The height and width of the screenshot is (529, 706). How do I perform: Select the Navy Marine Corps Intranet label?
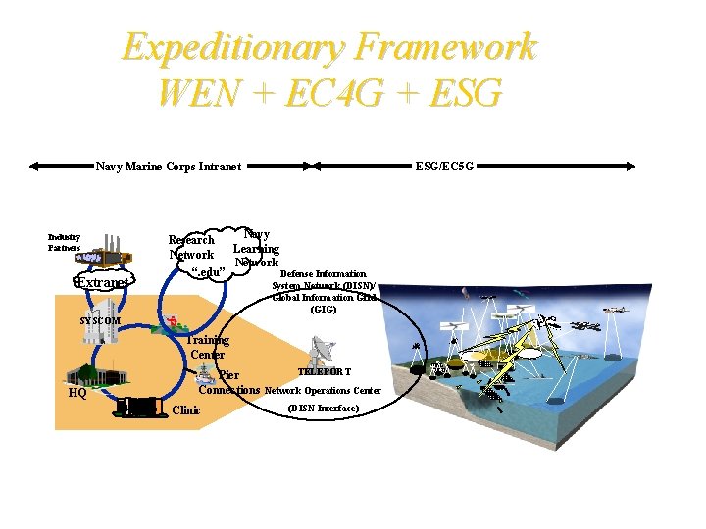168,167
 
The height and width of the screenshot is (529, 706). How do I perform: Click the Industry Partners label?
65,242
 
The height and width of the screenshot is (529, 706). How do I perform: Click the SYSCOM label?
100,321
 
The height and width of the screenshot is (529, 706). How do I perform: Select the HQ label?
77,393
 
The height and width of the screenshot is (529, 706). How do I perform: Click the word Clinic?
185,410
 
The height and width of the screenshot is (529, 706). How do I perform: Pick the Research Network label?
191,247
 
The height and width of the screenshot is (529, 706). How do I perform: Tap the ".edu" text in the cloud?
209,270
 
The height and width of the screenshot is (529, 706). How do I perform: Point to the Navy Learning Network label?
256,249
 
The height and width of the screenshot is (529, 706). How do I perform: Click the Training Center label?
208,347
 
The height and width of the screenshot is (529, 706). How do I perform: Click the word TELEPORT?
324,372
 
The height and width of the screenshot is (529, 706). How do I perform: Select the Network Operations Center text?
323,391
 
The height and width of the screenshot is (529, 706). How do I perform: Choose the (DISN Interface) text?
324,408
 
